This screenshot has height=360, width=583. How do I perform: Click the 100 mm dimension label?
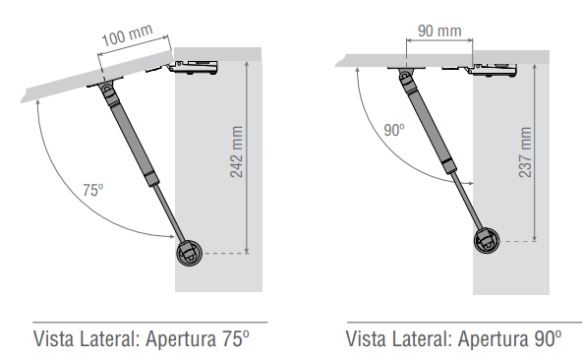pos(127,40)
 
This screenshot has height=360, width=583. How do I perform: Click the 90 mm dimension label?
pos(439,30)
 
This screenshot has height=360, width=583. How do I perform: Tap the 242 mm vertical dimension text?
pos(236,152)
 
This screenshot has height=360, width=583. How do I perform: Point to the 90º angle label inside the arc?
pos(394,129)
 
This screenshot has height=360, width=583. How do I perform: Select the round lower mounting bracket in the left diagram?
pos(191,253)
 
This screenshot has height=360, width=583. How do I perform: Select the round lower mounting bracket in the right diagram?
pos(486,239)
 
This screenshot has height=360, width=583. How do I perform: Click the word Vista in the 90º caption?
pos(370,339)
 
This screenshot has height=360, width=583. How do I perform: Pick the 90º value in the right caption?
pos(547,339)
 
